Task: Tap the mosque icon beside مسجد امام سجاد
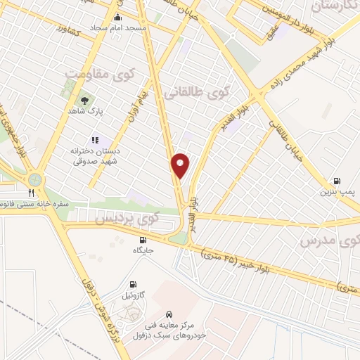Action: click(x=117, y=18)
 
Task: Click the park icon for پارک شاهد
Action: click(x=85, y=100)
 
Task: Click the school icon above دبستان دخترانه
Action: click(x=96, y=140)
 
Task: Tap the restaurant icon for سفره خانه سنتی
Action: click(x=31, y=192)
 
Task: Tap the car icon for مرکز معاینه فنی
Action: click(x=169, y=314)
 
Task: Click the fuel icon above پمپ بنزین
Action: click(x=337, y=180)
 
